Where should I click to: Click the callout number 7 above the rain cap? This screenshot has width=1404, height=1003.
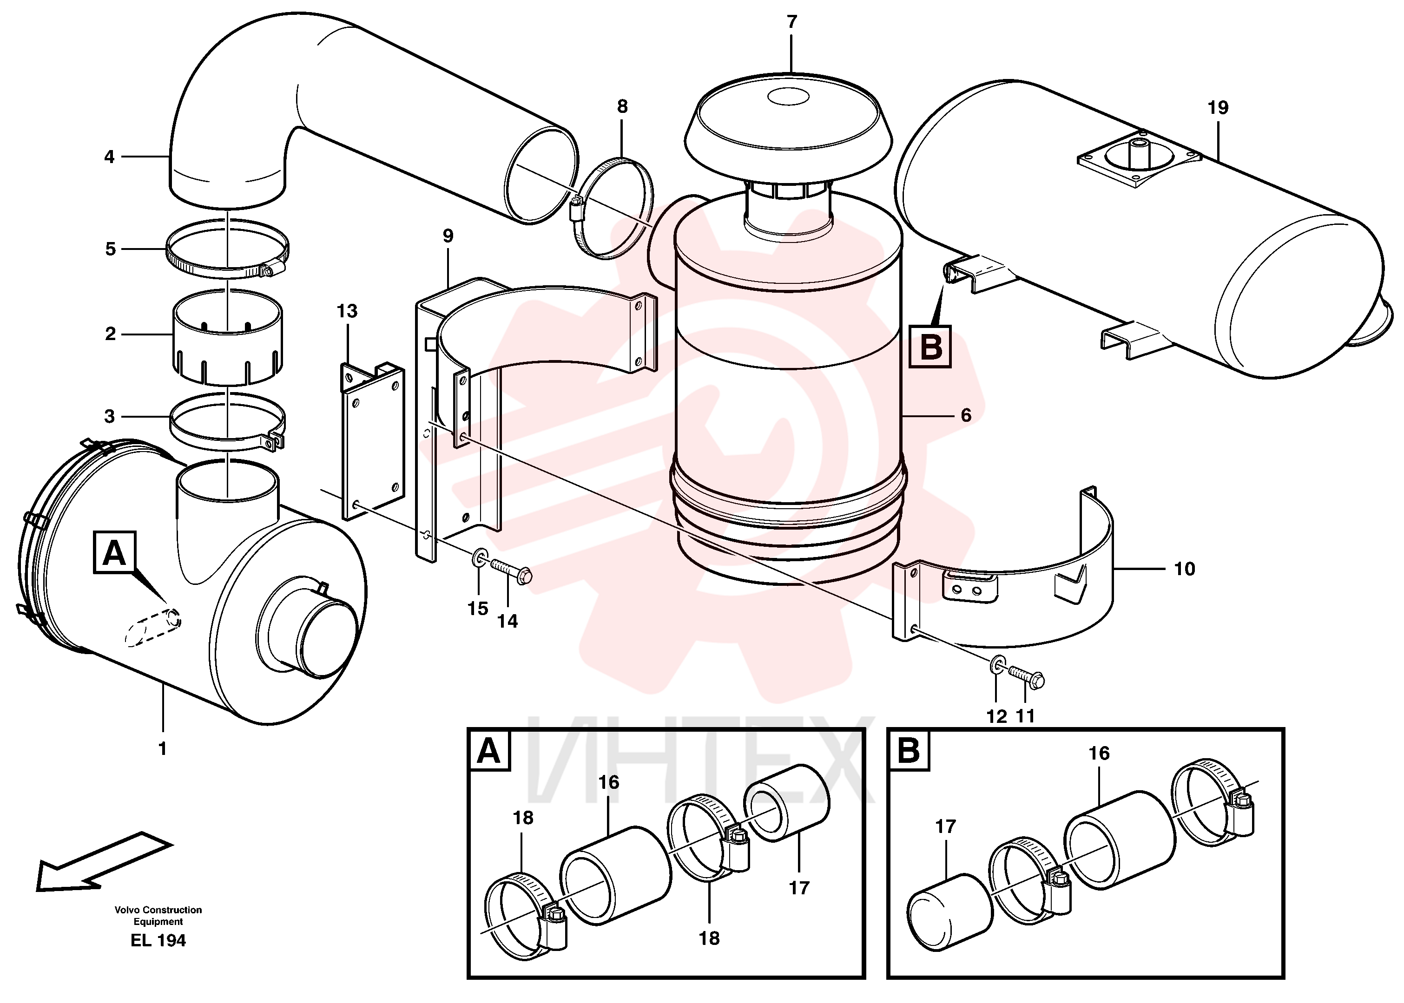(792, 22)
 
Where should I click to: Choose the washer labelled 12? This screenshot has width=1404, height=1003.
(997, 666)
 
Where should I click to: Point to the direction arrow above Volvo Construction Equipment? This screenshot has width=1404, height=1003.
(104, 861)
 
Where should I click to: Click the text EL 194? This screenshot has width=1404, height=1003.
(158, 940)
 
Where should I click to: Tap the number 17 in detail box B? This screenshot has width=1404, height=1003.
(946, 826)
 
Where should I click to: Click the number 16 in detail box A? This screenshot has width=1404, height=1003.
(608, 782)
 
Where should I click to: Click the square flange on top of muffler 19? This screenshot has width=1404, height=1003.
(1140, 159)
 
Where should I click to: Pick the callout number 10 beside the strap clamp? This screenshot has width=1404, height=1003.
(1184, 569)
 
